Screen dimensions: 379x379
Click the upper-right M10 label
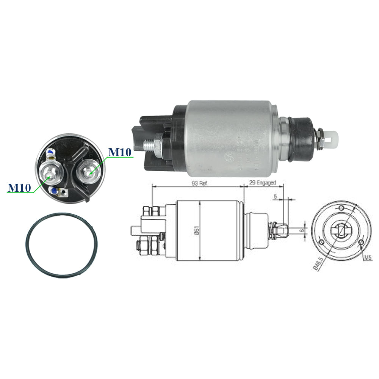click(x=120, y=152)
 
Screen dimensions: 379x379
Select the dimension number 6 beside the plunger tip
click(x=302, y=230)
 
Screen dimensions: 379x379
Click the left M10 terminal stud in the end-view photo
click(x=51, y=172)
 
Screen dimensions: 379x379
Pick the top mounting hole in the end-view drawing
click(x=341, y=208)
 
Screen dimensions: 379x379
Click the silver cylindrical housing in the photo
click(x=231, y=138)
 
